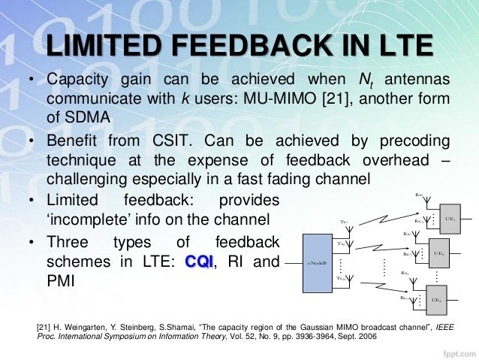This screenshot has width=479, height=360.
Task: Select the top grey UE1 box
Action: click(450, 216)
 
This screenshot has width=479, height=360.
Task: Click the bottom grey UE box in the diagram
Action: click(435, 300)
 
